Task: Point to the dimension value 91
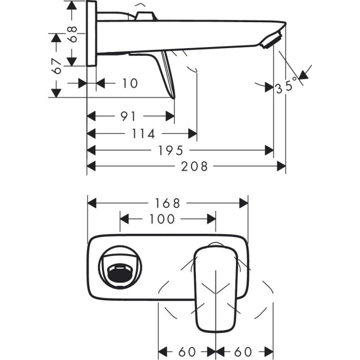(x=128, y=116)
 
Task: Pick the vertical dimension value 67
(x=56, y=68)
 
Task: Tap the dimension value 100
(x=162, y=219)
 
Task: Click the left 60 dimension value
(x=188, y=351)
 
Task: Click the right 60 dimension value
(x=244, y=351)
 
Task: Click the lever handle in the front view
(x=214, y=288)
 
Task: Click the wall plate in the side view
(x=91, y=33)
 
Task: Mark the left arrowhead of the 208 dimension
(x=91, y=166)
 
